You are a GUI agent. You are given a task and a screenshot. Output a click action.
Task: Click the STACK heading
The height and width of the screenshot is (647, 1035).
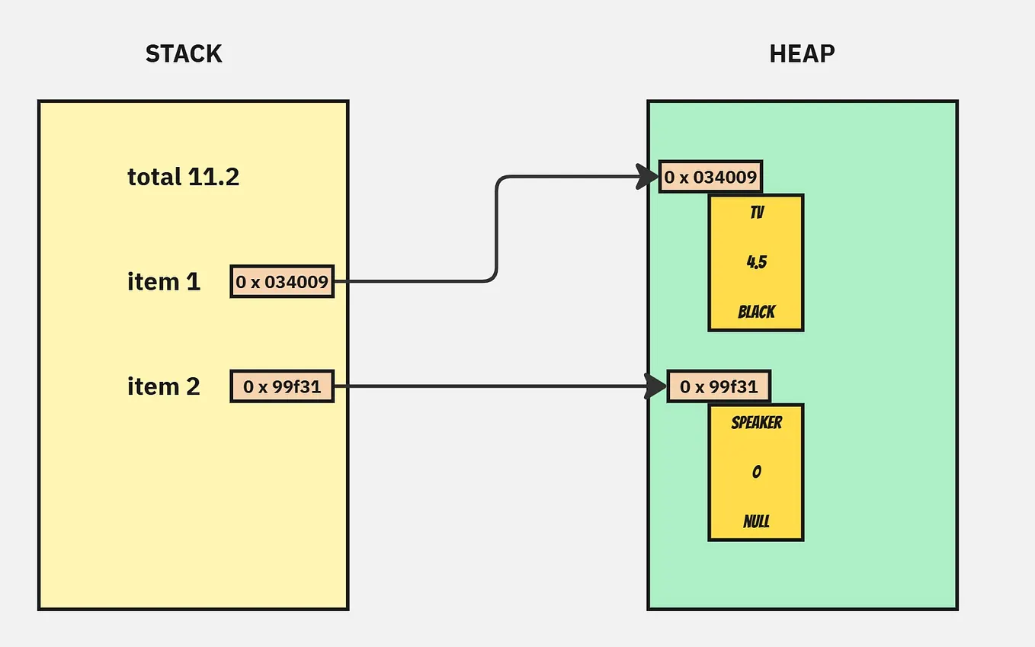coord(184,54)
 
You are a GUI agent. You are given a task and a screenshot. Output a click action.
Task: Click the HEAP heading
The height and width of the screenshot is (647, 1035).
coord(802,54)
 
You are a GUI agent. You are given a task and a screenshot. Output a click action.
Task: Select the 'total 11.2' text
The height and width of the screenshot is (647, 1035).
coord(183,178)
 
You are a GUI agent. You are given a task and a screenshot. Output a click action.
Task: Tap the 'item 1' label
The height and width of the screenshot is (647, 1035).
coord(163,282)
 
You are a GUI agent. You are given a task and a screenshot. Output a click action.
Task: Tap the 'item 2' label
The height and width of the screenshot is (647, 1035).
coord(163,386)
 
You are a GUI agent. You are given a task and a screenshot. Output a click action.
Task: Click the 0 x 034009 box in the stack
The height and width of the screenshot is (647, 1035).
coord(282,282)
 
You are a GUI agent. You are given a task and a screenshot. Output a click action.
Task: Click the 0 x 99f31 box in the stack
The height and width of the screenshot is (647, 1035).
coord(282,386)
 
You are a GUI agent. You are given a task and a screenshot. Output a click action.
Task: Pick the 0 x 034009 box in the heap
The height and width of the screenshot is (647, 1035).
coord(710,178)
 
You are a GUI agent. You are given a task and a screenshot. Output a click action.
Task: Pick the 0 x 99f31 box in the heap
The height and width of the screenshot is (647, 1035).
coord(719,386)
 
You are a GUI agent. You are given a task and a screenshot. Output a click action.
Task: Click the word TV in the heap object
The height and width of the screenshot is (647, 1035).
coord(756,213)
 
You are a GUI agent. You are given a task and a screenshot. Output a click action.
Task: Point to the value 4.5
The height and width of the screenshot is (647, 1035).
coord(756,262)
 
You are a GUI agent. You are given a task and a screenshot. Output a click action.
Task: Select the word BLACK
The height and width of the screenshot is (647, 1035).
coord(756,312)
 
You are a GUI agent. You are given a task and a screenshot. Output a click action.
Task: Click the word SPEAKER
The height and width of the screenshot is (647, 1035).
coord(756,422)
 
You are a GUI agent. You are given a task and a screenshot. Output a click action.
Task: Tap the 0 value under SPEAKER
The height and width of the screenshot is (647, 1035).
coord(756,472)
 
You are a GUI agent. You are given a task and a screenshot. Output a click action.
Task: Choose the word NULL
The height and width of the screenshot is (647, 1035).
coord(756,522)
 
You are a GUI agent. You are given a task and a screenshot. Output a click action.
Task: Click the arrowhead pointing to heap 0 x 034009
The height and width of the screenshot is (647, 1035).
coord(648,178)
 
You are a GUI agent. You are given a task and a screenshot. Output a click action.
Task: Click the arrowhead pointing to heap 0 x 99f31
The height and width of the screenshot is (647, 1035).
coord(655,386)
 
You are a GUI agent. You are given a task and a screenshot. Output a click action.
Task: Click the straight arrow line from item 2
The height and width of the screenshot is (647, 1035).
coord(488,386)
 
